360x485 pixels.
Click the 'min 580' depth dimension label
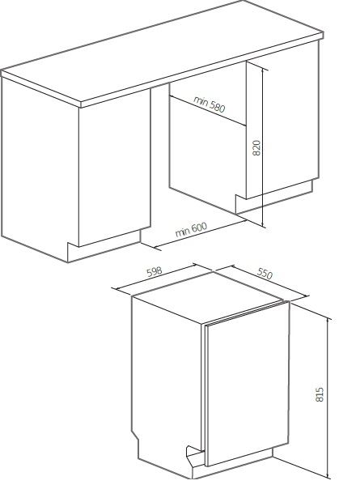[x=210, y=104]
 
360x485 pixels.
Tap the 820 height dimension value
[x=256, y=148]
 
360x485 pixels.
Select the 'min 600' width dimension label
[x=191, y=229]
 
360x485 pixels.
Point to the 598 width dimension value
[x=155, y=271]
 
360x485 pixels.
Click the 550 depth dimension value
[x=265, y=274]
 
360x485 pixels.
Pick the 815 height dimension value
[x=320, y=394]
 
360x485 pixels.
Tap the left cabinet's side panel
[x=40, y=164]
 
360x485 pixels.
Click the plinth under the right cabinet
[x=273, y=198]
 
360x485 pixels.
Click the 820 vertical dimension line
[x=263, y=148]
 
